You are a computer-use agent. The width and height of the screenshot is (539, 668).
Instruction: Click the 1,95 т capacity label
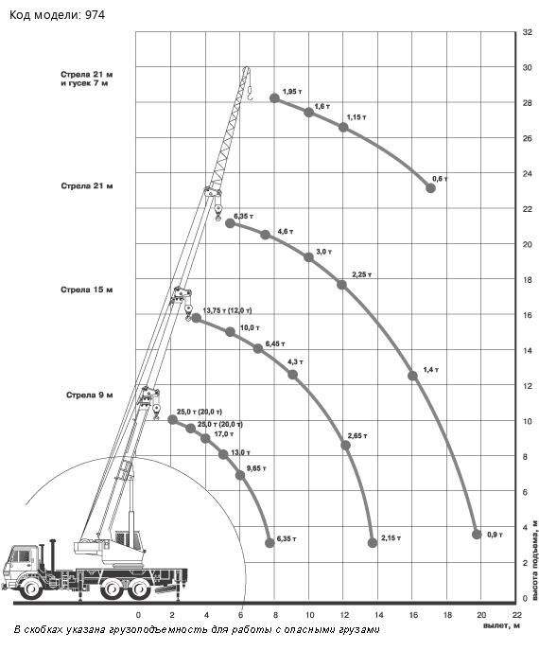click(292, 91)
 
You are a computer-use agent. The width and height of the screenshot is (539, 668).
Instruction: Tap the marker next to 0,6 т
click(430, 188)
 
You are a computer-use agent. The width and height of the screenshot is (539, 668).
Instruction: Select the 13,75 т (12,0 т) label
click(227, 310)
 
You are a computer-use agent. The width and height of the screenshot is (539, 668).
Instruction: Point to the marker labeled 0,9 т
click(477, 535)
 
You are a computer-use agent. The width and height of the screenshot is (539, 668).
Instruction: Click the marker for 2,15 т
click(373, 543)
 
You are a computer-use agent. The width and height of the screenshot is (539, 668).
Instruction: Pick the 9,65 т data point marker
click(240, 475)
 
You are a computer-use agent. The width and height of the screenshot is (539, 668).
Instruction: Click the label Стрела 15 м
click(86, 290)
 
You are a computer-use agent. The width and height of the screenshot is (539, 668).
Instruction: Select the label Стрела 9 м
click(90, 395)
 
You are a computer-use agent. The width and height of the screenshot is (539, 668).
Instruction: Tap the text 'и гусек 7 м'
click(84, 83)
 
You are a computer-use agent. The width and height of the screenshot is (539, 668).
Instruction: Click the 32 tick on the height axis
click(527, 32)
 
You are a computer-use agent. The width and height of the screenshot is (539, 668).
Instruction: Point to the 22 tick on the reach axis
click(516, 615)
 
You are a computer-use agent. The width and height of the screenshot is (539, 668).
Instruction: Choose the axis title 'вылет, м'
click(501, 625)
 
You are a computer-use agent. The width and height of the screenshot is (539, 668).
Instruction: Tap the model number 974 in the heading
click(95, 15)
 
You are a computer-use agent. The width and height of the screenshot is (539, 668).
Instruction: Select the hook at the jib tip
click(250, 94)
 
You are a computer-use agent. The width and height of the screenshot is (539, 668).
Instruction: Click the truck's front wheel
click(31, 589)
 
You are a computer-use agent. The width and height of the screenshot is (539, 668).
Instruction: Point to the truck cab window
click(22, 556)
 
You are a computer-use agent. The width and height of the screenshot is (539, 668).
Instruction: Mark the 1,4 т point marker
click(412, 376)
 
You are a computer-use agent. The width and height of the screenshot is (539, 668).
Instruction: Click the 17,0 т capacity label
click(223, 433)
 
